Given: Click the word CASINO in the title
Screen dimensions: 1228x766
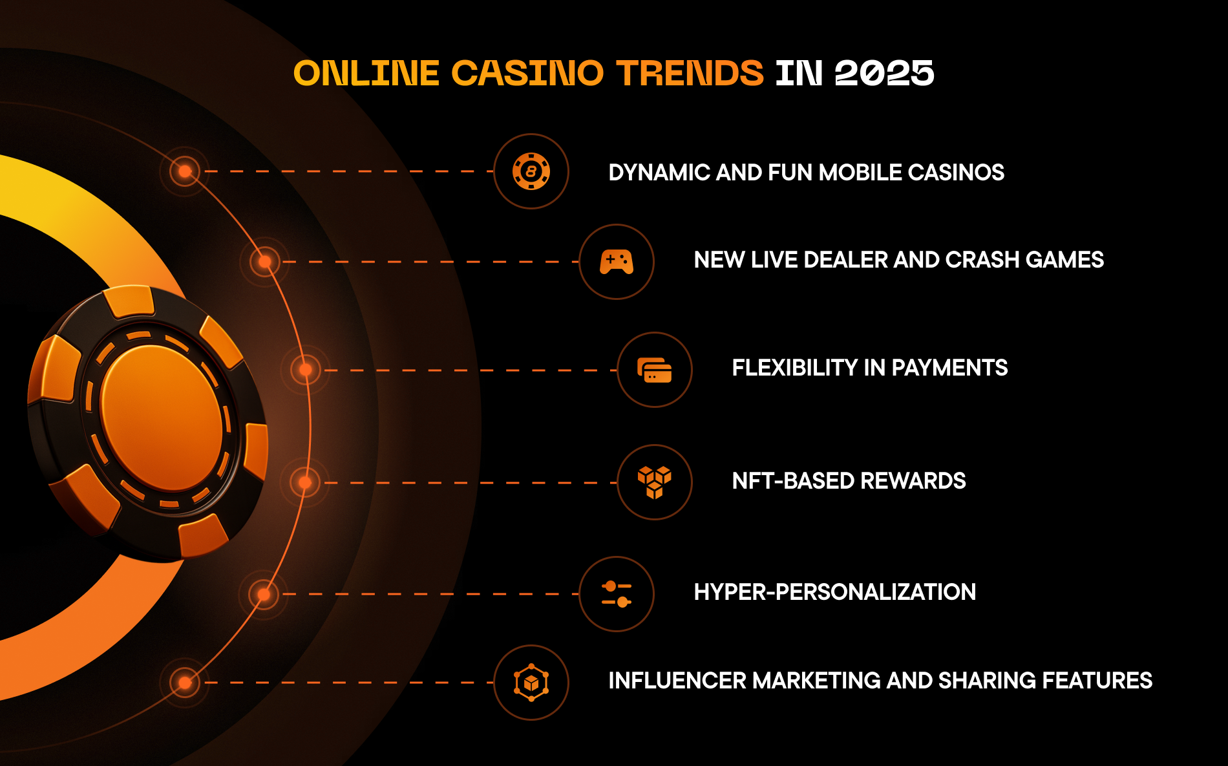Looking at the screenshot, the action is point(527,72).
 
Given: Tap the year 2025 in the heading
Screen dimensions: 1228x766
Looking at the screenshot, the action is point(884,72).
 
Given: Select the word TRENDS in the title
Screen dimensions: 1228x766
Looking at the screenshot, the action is point(690,72).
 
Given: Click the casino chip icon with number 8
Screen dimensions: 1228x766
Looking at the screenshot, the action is point(531,171).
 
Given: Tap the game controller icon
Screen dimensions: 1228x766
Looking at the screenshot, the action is point(617,262).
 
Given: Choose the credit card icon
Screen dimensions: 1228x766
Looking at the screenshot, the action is point(655,370).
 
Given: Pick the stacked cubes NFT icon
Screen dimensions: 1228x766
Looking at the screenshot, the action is point(655,482).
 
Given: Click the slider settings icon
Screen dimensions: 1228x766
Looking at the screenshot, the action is point(617,594).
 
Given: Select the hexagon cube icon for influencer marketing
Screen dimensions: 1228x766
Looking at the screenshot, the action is point(531,683).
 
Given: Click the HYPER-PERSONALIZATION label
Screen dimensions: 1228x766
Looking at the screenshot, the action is point(835,592).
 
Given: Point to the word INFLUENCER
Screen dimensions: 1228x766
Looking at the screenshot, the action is point(677,681).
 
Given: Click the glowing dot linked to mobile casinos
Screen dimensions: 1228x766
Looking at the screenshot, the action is point(185,171).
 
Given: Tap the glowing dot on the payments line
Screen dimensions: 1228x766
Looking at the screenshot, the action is point(306,370).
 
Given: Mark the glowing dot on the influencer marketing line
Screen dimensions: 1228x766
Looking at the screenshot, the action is point(185,683).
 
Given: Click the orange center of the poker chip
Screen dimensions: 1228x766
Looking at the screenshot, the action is point(162,418).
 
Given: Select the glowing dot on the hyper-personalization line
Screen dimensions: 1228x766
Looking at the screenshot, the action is point(264,594).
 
